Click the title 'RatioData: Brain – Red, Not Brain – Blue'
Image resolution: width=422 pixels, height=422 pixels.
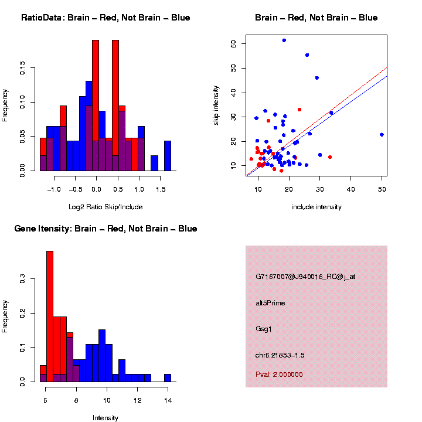pyautogui.click(x=105, y=18)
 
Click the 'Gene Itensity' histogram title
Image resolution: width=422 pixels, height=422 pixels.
pyautogui.click(x=105, y=229)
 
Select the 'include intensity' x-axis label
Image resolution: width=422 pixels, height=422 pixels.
pyautogui.click(x=316, y=207)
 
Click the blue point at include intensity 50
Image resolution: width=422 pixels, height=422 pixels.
pyautogui.click(x=382, y=134)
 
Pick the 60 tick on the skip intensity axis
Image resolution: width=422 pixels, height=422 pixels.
pyautogui.click(x=234, y=44)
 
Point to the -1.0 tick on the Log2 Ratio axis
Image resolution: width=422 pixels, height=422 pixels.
pyautogui.click(x=54, y=189)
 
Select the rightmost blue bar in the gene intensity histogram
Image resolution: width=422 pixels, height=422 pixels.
pyautogui.click(x=168, y=377)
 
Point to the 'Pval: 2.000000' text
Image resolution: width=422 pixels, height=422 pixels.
pyautogui.click(x=279, y=375)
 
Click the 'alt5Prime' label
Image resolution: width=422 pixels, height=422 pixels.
pyautogui.click(x=270, y=303)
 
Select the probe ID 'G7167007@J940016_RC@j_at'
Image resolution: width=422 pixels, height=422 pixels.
pyautogui.click(x=305, y=277)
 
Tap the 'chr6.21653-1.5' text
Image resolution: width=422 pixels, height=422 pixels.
pyautogui.click(x=280, y=355)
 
